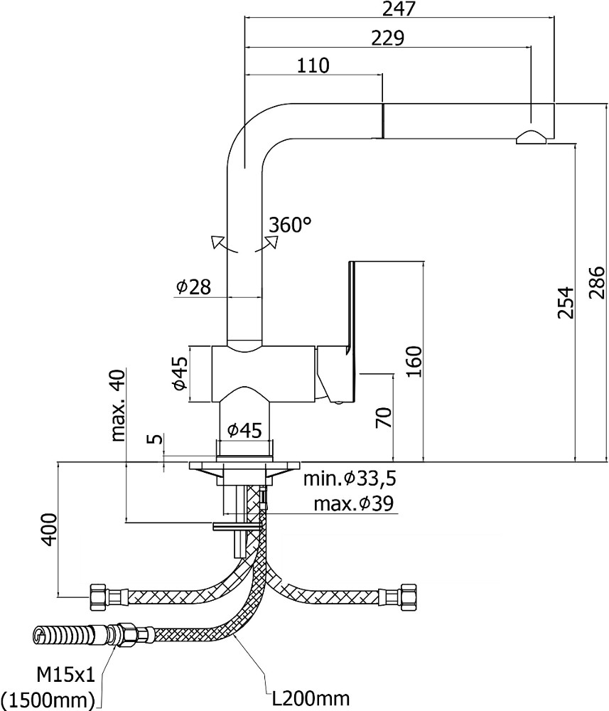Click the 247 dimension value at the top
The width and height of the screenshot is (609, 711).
point(398,9)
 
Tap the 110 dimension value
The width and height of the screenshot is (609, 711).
point(313,65)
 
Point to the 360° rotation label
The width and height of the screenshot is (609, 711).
point(291,225)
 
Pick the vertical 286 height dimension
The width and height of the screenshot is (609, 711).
point(596,283)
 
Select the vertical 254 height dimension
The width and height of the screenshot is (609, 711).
point(564,302)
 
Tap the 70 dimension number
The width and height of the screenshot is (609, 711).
point(384,417)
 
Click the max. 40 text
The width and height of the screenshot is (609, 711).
point(117,406)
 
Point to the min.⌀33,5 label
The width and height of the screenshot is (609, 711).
point(350,479)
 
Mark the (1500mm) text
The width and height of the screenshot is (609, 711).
point(48,700)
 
